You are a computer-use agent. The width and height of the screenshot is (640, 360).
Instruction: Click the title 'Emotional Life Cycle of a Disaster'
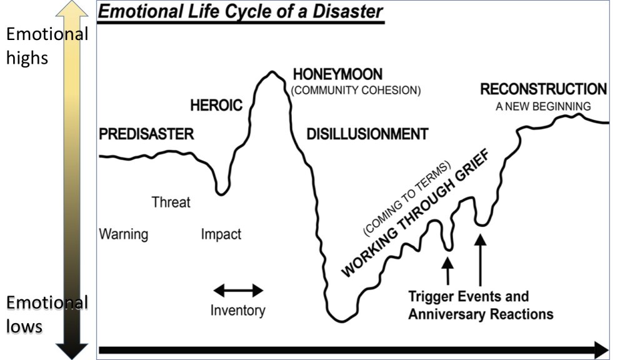[x=241, y=12]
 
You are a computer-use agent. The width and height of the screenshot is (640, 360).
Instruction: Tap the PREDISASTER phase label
[x=146, y=134]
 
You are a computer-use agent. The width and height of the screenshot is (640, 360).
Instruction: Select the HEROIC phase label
[x=216, y=106]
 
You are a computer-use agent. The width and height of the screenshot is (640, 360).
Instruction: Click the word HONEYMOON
[x=337, y=74]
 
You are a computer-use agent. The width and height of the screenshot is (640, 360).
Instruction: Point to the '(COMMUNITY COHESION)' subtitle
[x=356, y=90]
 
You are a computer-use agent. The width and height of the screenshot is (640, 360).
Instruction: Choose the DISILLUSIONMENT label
[x=367, y=134]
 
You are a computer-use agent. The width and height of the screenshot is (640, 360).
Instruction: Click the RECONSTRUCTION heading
[x=543, y=89]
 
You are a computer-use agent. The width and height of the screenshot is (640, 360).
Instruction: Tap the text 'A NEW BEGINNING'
[x=543, y=106]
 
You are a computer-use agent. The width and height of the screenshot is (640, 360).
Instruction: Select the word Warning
[x=124, y=234]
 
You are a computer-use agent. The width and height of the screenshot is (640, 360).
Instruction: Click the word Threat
[x=171, y=202]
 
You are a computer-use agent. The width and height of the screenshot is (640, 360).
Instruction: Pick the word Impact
[x=221, y=234]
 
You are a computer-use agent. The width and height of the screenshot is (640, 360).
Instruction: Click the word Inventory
[x=237, y=310]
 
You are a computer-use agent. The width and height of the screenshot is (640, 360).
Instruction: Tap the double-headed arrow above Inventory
[x=238, y=290]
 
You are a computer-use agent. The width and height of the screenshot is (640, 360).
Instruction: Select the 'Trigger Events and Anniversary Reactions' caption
[x=480, y=304]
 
